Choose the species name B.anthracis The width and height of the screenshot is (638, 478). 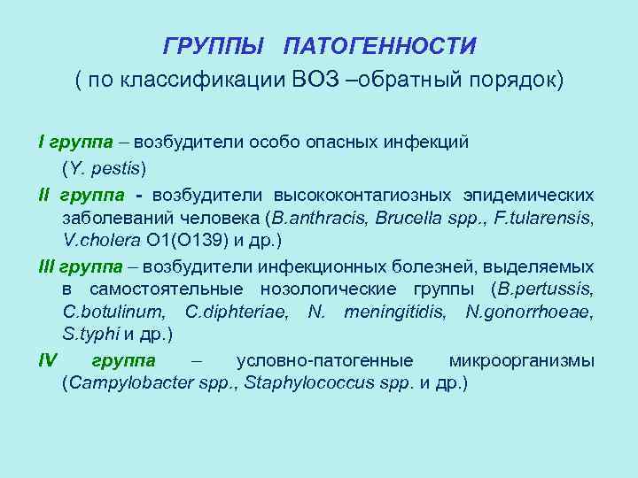[315, 217]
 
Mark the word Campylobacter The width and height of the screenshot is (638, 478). [115, 384]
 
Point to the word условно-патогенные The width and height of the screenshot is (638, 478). [325, 360]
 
